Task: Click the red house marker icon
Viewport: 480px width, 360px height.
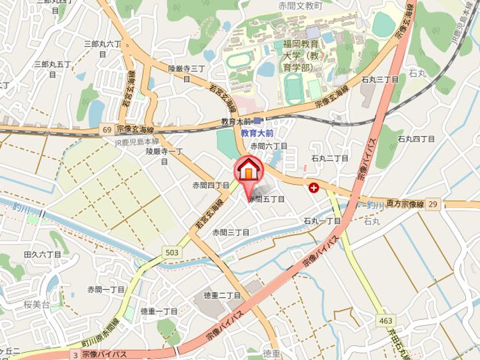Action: (x=247, y=169)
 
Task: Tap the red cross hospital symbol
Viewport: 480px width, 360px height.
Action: (x=313, y=189)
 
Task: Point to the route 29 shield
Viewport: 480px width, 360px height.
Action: (x=433, y=203)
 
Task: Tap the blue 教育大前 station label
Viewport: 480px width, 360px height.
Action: (x=258, y=133)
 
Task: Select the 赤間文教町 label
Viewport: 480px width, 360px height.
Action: (x=300, y=5)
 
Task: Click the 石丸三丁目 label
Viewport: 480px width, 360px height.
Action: (x=380, y=79)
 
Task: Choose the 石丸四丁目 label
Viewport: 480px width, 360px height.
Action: (x=416, y=139)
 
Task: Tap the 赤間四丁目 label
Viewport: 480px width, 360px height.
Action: (x=211, y=185)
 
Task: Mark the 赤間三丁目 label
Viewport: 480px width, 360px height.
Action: (x=231, y=232)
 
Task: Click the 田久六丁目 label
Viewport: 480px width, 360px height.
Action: (x=42, y=254)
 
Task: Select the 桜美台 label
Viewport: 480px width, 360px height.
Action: (x=37, y=304)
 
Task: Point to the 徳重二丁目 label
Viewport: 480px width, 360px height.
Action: (x=222, y=295)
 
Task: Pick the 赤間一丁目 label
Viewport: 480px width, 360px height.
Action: (x=106, y=289)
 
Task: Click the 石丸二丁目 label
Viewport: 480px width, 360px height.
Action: (x=330, y=158)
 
